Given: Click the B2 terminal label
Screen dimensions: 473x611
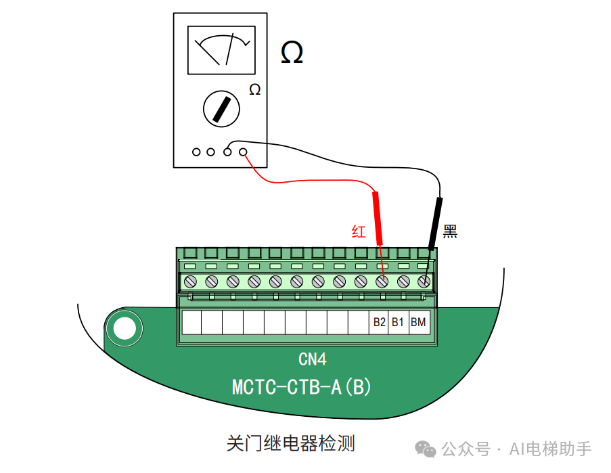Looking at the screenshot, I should tap(379, 323).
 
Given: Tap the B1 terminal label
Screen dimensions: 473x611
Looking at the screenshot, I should tap(398, 323).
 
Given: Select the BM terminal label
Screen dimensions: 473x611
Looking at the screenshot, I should tap(418, 323).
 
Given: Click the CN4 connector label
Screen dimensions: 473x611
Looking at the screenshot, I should tap(313, 359).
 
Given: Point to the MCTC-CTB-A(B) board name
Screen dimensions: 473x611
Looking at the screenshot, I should tap(302, 387).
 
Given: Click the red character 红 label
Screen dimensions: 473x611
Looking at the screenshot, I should tap(359, 232).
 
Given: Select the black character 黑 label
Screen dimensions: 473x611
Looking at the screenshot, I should tap(451, 232).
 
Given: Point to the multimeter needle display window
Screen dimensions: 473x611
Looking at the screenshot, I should tap(221, 50).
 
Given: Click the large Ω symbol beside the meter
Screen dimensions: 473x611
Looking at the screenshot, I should tap(292, 53).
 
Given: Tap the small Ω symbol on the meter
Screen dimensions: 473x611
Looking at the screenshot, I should tap(254, 90).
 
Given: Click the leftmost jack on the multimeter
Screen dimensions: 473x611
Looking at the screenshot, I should tap(196, 152).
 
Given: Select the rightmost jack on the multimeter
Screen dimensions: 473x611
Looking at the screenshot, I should tap(243, 152).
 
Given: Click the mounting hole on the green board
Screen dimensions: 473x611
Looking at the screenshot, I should tap(124, 329).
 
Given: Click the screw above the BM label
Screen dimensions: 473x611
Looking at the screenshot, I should tap(424, 281).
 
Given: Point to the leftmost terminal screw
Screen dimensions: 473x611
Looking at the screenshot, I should tap(190, 281).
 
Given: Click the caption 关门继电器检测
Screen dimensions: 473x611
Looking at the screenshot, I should tap(291, 444).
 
